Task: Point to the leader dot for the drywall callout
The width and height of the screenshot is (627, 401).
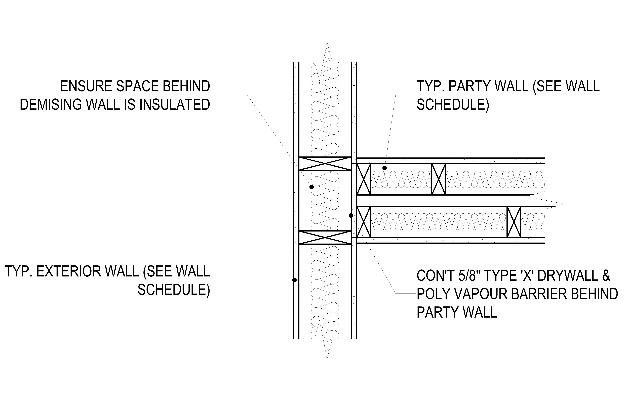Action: (351, 216)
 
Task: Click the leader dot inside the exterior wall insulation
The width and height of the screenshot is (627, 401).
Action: (311, 187)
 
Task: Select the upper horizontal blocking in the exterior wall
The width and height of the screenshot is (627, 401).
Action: (325, 163)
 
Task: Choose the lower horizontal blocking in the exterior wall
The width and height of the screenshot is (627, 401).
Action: (325, 238)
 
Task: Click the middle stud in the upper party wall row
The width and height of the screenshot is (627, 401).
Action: (439, 179)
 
